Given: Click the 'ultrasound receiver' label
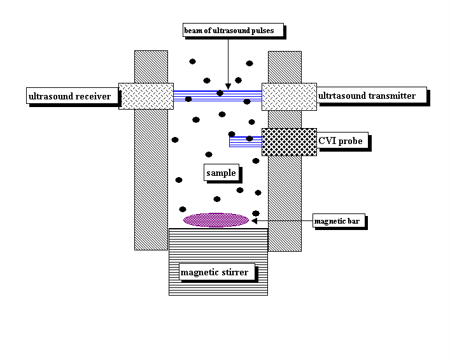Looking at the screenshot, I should [x=69, y=97].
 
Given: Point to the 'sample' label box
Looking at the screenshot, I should [x=221, y=173].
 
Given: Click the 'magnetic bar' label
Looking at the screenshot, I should [x=340, y=222].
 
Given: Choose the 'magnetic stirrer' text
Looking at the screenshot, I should [x=214, y=273].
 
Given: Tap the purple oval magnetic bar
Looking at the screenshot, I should [x=216, y=220].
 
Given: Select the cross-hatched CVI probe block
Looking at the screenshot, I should [x=289, y=141].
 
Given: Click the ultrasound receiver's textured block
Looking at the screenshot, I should [x=146, y=96].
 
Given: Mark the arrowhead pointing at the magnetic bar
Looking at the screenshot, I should [x=255, y=220].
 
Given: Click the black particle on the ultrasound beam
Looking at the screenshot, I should [x=220, y=93].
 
